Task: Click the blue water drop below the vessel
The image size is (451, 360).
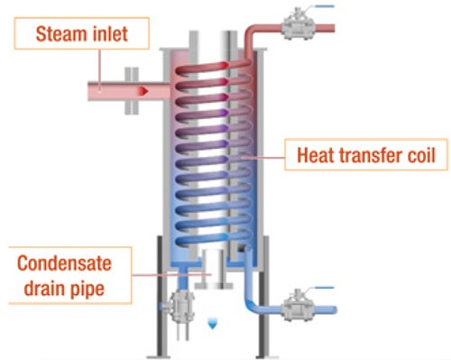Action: [212, 321]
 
